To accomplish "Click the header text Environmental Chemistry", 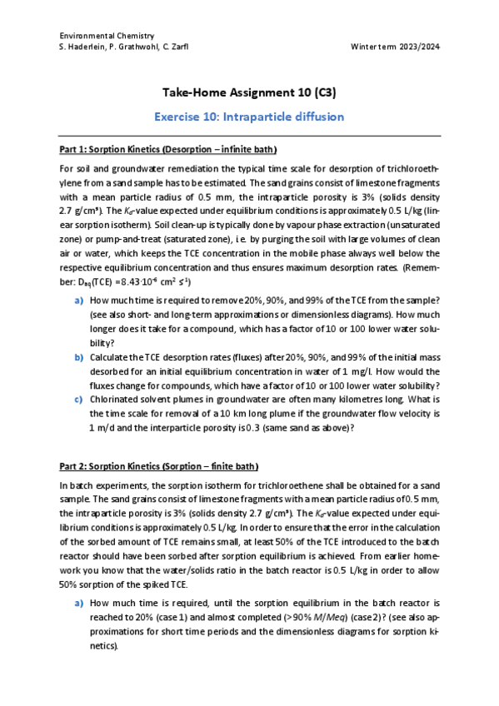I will (x=107, y=36).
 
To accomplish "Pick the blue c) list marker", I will (x=79, y=398).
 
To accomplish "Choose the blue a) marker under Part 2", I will (x=79, y=601).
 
